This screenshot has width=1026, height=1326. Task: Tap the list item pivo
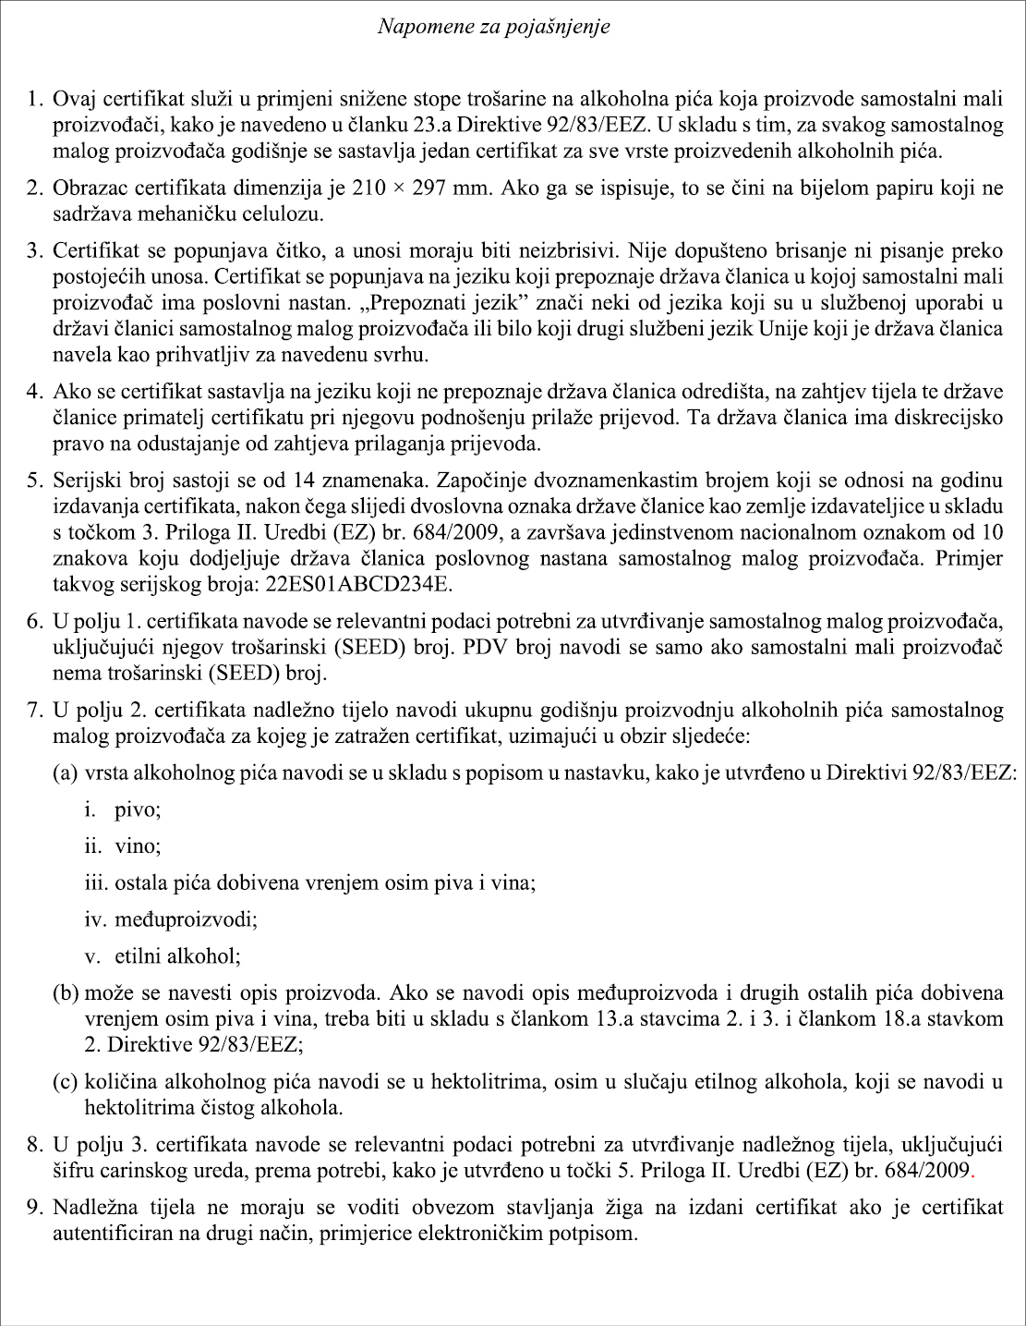click(138, 810)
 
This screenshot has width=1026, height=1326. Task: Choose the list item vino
click(138, 846)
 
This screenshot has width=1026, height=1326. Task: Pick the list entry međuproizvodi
click(186, 919)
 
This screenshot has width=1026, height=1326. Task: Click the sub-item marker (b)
click(66, 994)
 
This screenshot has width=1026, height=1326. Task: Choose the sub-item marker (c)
click(66, 1081)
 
